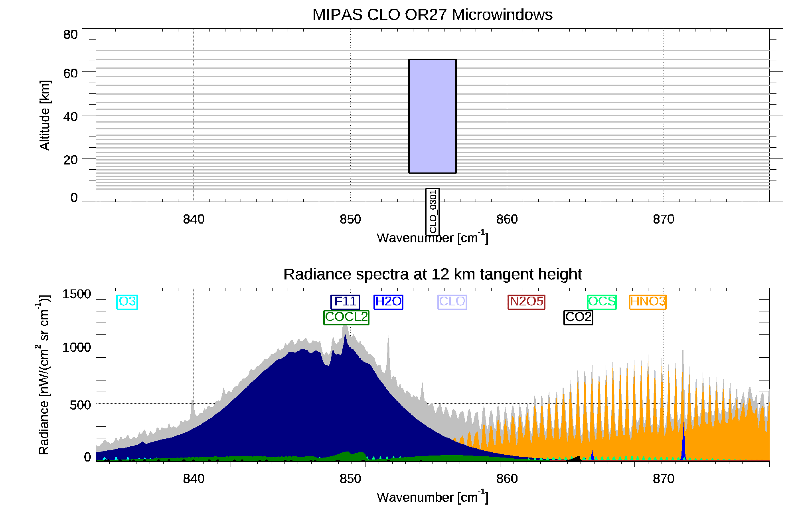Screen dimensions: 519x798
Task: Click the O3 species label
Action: coord(127,301)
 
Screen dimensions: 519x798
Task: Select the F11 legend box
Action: coord(345,301)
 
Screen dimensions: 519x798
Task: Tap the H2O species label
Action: coord(388,301)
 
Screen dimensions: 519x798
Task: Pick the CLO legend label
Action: coord(452,301)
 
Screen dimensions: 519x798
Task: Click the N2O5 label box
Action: coord(527,301)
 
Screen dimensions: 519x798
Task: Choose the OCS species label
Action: coord(602,301)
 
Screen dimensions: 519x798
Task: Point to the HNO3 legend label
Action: coord(648,301)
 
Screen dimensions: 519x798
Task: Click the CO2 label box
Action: coord(578,317)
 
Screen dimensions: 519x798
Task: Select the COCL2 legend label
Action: coord(346,317)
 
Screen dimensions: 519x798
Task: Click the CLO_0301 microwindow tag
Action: coord(433,212)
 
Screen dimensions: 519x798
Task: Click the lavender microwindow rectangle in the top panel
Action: coord(433,116)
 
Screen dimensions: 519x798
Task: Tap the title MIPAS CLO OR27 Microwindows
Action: coord(432,15)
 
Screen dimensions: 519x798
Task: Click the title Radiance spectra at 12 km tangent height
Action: coord(432,274)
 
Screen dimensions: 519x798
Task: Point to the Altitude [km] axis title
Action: coord(45,115)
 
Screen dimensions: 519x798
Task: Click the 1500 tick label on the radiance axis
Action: coord(77,294)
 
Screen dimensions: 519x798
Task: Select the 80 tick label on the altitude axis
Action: coord(70,35)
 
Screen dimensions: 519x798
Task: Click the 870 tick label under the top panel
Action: coord(664,219)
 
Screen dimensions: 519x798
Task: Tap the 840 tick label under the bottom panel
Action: coord(194,479)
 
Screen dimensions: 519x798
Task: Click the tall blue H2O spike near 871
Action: coord(683,443)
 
